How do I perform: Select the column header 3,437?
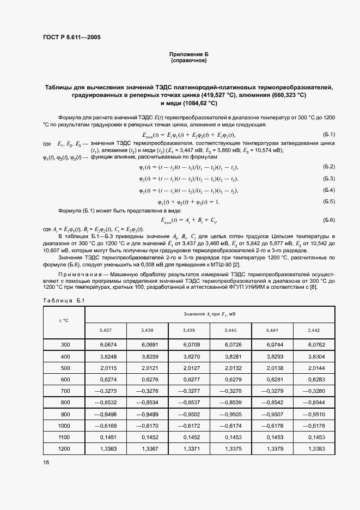[x=106, y=330]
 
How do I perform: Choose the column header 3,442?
[x=314, y=330]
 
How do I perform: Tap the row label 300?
[x=65, y=344]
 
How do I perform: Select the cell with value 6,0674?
[x=107, y=344]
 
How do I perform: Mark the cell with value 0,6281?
[x=273, y=379]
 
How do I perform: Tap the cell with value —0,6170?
[x=148, y=424]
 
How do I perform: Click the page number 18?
[x=45, y=462]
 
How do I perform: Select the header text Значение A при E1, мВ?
[x=210, y=314]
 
